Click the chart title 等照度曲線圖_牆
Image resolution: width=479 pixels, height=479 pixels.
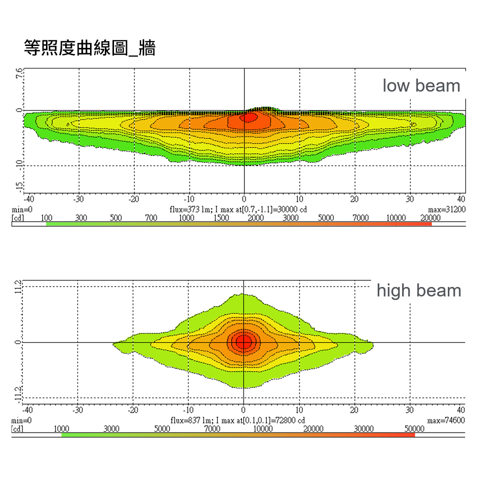tap(90, 48)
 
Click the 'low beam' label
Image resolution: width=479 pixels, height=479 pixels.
tap(421, 86)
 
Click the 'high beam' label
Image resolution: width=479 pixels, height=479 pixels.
tap(419, 291)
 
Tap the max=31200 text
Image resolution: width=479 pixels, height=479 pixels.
tap(446, 210)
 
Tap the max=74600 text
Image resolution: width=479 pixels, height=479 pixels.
tap(446, 420)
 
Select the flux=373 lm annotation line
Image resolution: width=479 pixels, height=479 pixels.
tap(238, 210)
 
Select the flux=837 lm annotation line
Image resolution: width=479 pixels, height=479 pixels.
tap(238, 420)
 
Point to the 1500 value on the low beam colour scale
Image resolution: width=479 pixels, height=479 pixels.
tap(221, 218)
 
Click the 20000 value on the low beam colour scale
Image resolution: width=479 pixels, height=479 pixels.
tap(431, 218)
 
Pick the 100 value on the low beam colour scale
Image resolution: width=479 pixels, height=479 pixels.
tap(46, 218)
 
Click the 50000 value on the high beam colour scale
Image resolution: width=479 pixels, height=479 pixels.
tap(414, 429)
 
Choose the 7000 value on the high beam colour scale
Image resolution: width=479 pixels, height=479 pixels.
tap(212, 429)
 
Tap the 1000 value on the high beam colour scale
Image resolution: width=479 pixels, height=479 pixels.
tap(62, 429)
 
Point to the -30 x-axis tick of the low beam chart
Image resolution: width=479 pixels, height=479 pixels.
tap(79, 199)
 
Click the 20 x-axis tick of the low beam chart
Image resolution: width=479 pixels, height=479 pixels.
tap(355, 199)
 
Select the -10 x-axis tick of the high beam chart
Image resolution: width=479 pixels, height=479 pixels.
tap(189, 410)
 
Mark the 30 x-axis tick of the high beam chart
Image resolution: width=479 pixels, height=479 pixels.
tap(410, 410)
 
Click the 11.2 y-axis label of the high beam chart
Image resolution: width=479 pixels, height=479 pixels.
tap(18, 287)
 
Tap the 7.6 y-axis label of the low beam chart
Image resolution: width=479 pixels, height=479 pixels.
tap(19, 74)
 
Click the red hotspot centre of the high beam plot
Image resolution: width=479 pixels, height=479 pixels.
tap(243, 342)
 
